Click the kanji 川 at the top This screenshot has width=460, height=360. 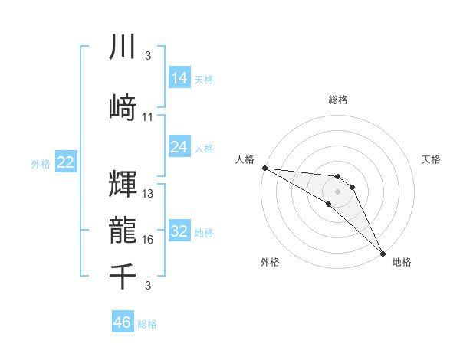123,47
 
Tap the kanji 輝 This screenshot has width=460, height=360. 123,184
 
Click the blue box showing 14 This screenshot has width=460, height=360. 179,77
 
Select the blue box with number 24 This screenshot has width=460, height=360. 179,147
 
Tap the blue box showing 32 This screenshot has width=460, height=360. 179,231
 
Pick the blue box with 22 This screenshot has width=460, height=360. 65,162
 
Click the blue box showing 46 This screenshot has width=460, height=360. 123,322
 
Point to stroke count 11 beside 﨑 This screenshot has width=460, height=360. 148,117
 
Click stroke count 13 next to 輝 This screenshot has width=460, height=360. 148,194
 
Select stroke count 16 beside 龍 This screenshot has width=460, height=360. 148,240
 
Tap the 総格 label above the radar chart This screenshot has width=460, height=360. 338,100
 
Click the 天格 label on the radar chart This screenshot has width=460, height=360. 431,159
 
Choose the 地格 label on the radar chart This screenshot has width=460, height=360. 402,262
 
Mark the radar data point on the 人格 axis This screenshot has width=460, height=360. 264,168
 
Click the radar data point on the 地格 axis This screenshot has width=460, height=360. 382,252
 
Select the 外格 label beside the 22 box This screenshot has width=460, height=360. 40,163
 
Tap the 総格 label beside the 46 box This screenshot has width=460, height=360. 147,324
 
